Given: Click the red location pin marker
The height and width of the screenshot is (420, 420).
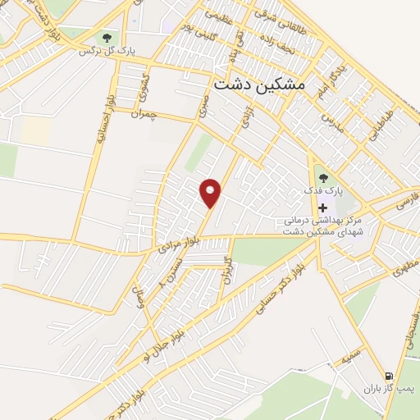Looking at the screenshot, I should [212, 193].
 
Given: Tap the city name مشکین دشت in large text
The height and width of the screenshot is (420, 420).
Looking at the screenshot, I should [258, 84].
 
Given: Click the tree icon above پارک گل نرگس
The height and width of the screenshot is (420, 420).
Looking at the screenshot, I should [106, 37].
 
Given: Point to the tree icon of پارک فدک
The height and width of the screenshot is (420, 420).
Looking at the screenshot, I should [322, 176].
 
